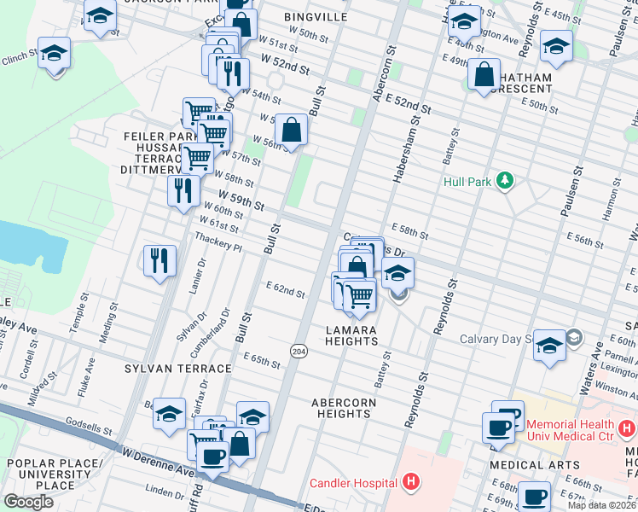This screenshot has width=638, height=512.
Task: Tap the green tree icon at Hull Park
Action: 505,181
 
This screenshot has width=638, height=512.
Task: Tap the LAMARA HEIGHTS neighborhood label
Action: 351,335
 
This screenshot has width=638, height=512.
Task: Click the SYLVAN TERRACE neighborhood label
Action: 177,369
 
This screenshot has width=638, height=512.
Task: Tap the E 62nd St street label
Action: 285,291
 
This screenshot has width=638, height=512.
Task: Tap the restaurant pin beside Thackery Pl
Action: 159,259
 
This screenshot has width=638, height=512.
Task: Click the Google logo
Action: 29,502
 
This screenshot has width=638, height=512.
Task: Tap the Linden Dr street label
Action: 159,490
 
